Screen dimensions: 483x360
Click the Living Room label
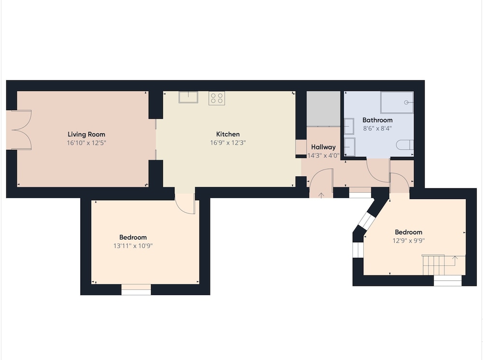click(x=86, y=134)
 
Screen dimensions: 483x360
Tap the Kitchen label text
click(x=228, y=134)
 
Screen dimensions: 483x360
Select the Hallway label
click(x=323, y=147)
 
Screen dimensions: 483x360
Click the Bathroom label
click(x=377, y=120)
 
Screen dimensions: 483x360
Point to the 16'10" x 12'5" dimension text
click(x=86, y=143)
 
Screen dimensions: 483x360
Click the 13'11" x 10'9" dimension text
click(x=133, y=245)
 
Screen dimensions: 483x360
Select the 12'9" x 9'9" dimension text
click(x=409, y=241)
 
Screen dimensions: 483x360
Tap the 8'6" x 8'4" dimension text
click(x=377, y=128)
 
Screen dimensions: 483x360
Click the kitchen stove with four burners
click(x=216, y=98)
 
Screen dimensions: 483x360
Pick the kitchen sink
click(x=188, y=97)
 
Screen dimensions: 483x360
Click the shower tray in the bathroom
click(x=397, y=102)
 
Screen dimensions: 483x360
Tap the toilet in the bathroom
click(x=405, y=144)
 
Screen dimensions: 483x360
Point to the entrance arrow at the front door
click(x=321, y=195)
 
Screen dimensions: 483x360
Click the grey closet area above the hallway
click(x=324, y=109)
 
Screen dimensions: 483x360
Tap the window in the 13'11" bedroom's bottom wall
click(x=136, y=289)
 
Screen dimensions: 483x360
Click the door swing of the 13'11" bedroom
click(x=185, y=204)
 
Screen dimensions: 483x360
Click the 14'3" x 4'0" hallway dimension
click(x=324, y=155)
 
